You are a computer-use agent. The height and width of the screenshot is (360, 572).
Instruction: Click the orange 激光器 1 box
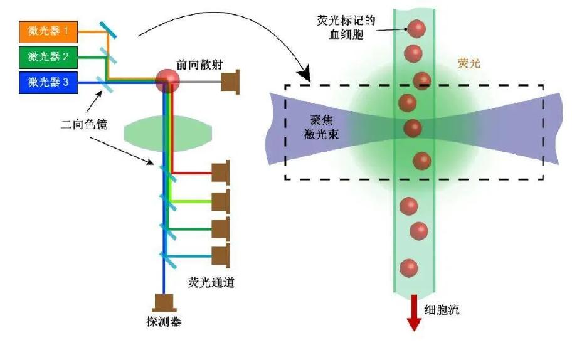click(x=52, y=31)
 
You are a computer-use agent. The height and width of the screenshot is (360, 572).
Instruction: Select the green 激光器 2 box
click(x=52, y=56)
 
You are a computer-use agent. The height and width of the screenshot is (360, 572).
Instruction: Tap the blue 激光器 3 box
click(x=52, y=82)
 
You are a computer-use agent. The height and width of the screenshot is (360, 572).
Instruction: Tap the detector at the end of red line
click(x=221, y=174)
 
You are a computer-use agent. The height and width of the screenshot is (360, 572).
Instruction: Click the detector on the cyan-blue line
click(x=221, y=257)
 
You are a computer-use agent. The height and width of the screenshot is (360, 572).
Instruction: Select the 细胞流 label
click(x=442, y=310)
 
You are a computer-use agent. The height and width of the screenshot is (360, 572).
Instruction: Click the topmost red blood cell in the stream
click(x=416, y=28)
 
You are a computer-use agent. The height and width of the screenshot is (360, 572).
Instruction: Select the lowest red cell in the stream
click(x=409, y=268)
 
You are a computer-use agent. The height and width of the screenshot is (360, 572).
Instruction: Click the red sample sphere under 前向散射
click(x=167, y=80)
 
